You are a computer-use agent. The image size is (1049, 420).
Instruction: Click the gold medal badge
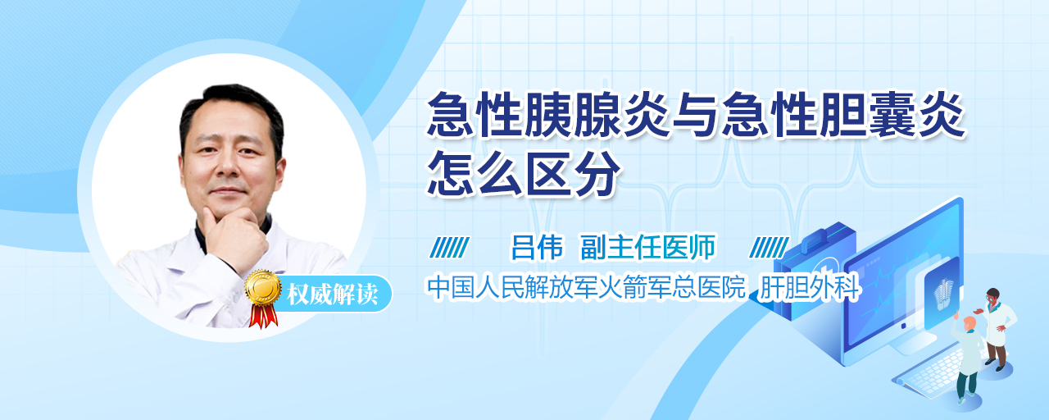pyautogui.click(x=263, y=287)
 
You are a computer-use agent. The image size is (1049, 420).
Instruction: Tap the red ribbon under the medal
pyautogui.click(x=263, y=316)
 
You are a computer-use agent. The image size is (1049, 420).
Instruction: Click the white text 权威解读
pyautogui.click(x=333, y=294)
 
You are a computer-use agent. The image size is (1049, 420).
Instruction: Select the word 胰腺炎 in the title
pyautogui.click(x=597, y=114)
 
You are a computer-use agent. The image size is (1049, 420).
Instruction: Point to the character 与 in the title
pyautogui.click(x=695, y=115)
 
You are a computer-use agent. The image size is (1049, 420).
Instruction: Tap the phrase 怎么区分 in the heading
pyautogui.click(x=524, y=173)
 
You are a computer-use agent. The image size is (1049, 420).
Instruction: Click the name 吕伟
pyautogui.click(x=537, y=247)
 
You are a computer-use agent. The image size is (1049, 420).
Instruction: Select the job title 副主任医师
pyautogui.click(x=648, y=247)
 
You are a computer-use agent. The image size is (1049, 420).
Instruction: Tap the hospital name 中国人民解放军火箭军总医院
pyautogui.click(x=586, y=287)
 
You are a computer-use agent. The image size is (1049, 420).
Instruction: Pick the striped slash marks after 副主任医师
pyautogui.click(x=769, y=248)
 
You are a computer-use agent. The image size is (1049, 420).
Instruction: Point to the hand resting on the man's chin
pyautogui.click(x=234, y=237)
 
